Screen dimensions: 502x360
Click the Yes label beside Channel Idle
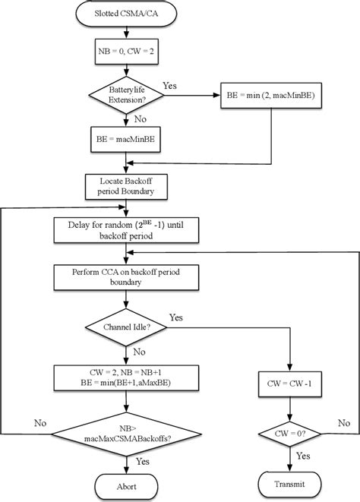click(x=177, y=317)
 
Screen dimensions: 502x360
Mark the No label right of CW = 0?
click(x=343, y=422)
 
